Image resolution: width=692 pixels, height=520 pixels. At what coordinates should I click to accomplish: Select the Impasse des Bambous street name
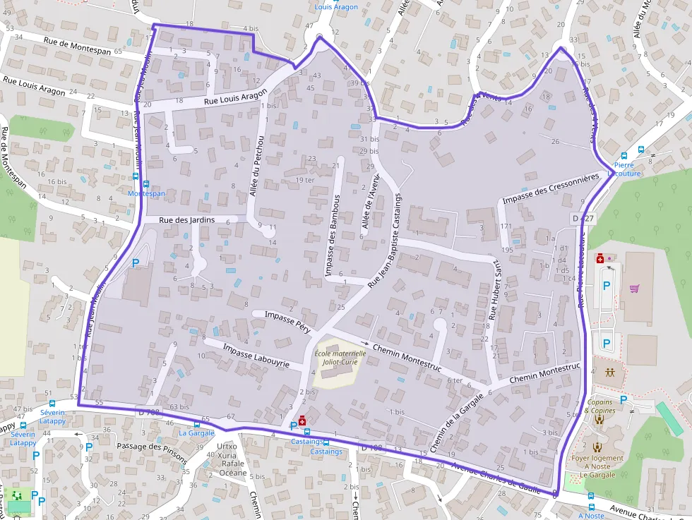(333, 235)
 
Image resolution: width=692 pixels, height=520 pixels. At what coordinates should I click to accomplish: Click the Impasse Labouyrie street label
(256, 356)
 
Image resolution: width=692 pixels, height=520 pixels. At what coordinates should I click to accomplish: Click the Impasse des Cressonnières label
(551, 189)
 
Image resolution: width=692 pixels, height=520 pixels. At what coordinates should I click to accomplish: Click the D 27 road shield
(583, 219)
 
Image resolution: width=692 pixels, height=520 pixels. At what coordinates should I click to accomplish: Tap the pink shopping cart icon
(634, 288)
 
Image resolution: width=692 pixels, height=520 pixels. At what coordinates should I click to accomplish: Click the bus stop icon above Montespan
(136, 179)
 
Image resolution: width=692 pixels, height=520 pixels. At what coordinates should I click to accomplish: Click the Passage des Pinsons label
(153, 450)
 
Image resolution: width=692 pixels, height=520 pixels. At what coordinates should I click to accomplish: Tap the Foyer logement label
(598, 458)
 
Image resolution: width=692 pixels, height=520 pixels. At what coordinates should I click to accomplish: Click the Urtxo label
(227, 446)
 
